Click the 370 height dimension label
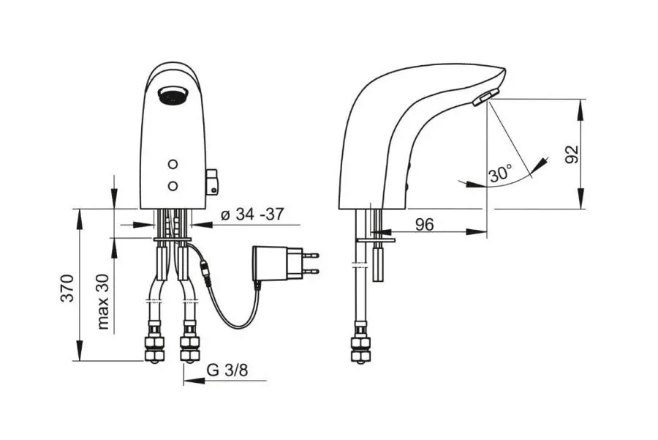(x=67, y=288)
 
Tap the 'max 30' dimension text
(x=103, y=302)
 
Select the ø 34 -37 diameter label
(x=252, y=215)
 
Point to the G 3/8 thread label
(x=227, y=370)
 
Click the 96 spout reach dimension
(x=424, y=225)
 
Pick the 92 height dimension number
(x=571, y=154)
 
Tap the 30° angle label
(x=500, y=172)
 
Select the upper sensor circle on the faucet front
(x=172, y=164)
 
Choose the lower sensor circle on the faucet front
(x=172, y=185)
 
